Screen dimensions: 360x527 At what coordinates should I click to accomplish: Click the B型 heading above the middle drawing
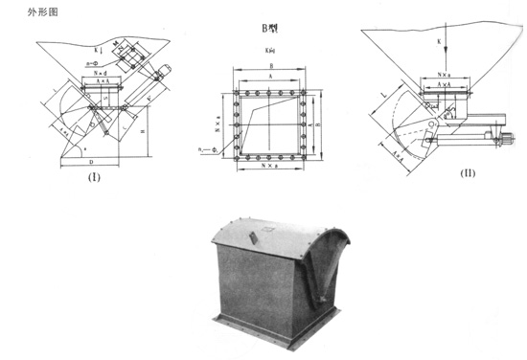(269, 31)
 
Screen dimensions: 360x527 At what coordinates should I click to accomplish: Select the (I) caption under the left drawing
(95, 177)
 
